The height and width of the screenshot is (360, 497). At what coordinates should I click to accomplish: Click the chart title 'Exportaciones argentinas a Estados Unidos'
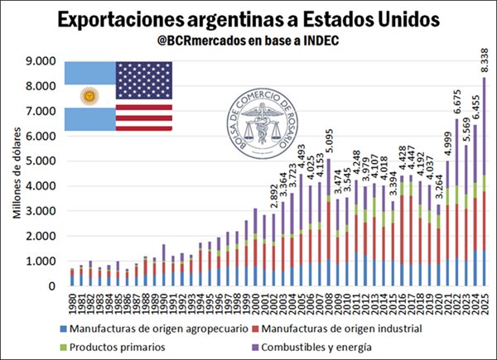[248, 18]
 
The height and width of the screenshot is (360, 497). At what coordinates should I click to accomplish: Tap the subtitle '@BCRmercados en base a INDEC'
[248, 41]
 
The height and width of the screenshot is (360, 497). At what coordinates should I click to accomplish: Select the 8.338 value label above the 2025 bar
[484, 60]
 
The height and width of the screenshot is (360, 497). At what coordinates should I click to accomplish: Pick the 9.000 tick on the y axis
[39, 60]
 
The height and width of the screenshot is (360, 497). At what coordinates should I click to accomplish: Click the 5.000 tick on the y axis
[39, 161]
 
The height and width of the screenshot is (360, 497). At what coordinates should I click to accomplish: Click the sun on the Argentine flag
[88, 96]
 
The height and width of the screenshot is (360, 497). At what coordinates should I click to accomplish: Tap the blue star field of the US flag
[144, 79]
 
